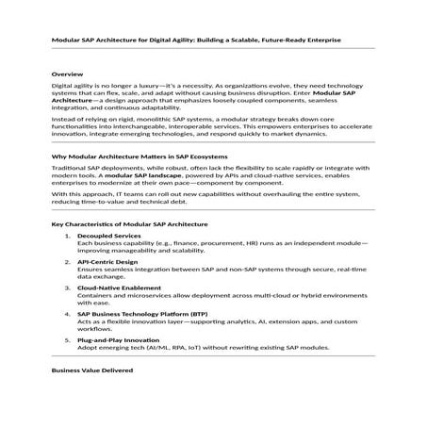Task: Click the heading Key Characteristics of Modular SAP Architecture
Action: click(x=129, y=250)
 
